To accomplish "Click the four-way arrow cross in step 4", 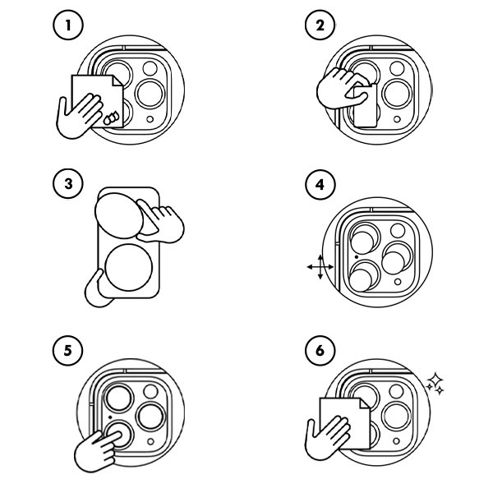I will click(320, 267).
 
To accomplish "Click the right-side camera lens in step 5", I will click(149, 414).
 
